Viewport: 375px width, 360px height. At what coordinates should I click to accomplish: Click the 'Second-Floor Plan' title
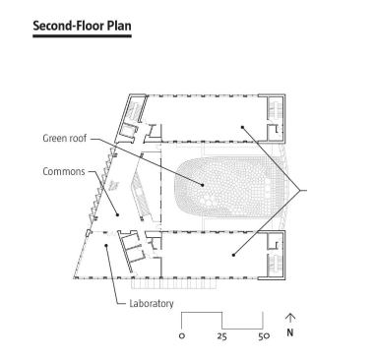point(82,26)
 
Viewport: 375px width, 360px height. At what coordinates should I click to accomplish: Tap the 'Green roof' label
point(65,138)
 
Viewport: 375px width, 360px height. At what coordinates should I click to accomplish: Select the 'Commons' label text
point(64,171)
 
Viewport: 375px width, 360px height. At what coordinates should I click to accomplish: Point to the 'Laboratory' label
point(152,303)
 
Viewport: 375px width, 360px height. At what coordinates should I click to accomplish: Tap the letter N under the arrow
point(290,332)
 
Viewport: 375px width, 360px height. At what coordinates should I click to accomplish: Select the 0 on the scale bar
point(182,336)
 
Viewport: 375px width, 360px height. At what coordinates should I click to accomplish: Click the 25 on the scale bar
point(221,336)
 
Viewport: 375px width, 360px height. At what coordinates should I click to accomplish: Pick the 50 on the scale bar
point(264,336)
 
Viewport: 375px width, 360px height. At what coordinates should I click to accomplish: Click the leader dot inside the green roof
point(203,185)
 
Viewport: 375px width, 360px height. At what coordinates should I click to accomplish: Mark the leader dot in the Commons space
point(118,215)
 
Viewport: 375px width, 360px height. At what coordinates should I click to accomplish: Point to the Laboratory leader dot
point(105,245)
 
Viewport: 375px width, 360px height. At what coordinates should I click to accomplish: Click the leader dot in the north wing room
point(242,127)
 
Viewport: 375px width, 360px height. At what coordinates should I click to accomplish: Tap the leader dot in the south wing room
point(233,255)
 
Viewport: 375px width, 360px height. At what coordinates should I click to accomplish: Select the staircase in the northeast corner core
point(274,108)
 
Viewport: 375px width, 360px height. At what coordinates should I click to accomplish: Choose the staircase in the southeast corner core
point(274,265)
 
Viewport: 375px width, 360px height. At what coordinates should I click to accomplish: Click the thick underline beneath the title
point(82,35)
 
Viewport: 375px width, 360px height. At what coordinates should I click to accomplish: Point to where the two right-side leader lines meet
point(300,190)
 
